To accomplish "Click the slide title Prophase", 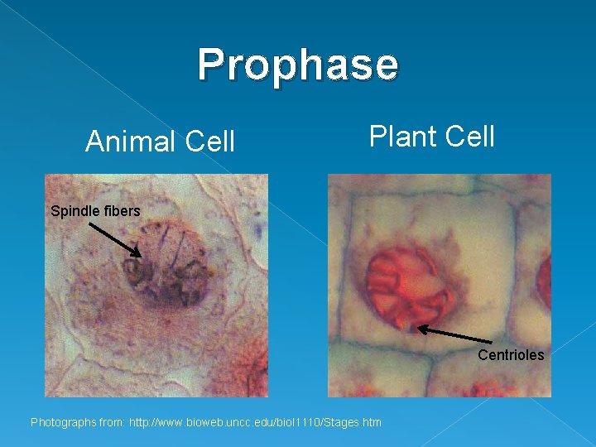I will coord(298,65).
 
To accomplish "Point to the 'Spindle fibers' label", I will coord(95,211).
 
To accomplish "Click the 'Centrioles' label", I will coord(511,355).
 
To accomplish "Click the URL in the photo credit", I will coord(255,423).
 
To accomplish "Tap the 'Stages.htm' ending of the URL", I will coord(353,423).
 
